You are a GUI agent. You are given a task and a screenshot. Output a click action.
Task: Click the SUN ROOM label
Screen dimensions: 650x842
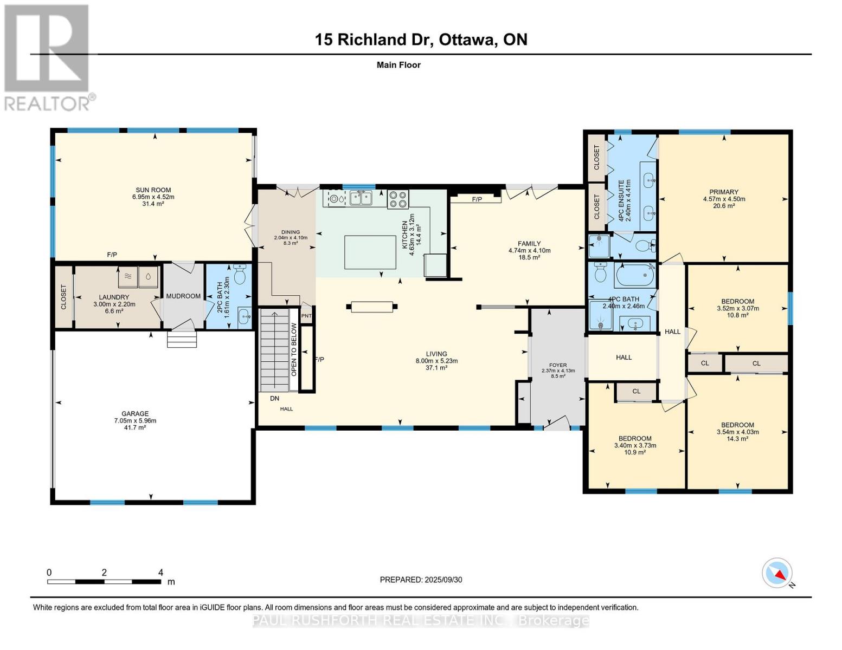pyautogui.click(x=153, y=190)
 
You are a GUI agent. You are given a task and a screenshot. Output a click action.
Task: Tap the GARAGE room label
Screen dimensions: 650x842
pyautogui.click(x=135, y=413)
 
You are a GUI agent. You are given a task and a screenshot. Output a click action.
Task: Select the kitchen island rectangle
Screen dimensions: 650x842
pyautogui.click(x=370, y=252)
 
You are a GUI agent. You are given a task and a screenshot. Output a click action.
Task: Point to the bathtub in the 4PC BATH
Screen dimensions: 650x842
pyautogui.click(x=634, y=275)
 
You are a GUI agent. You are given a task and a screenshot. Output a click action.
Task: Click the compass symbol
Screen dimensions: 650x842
pyautogui.click(x=777, y=573)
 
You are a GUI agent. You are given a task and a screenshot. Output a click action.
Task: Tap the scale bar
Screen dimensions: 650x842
pyautogui.click(x=104, y=581)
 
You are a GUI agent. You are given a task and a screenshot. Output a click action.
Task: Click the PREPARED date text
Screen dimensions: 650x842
pyautogui.click(x=421, y=580)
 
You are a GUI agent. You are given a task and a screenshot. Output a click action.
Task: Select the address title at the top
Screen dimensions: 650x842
pyautogui.click(x=421, y=40)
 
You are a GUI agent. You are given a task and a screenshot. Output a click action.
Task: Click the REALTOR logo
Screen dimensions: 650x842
pyautogui.click(x=47, y=57)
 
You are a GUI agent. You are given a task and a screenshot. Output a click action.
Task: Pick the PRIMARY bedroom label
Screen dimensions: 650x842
pyautogui.click(x=724, y=192)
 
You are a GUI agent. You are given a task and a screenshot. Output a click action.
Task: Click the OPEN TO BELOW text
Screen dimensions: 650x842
pyautogui.click(x=294, y=350)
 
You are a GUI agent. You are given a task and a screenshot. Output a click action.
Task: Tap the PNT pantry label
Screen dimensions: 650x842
pyautogui.click(x=306, y=316)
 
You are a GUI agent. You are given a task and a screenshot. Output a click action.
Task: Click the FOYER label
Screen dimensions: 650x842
pyautogui.click(x=558, y=365)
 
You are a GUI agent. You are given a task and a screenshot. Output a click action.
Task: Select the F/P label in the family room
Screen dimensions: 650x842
pyautogui.click(x=477, y=199)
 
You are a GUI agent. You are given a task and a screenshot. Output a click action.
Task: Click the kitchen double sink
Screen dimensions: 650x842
pyautogui.click(x=361, y=198)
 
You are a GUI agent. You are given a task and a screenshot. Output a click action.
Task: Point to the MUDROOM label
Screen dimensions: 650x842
pyautogui.click(x=183, y=296)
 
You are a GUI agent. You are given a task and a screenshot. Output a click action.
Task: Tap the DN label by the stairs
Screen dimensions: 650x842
pyautogui.click(x=275, y=398)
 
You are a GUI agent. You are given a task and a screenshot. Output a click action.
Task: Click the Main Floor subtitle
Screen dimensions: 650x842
pyautogui.click(x=398, y=65)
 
